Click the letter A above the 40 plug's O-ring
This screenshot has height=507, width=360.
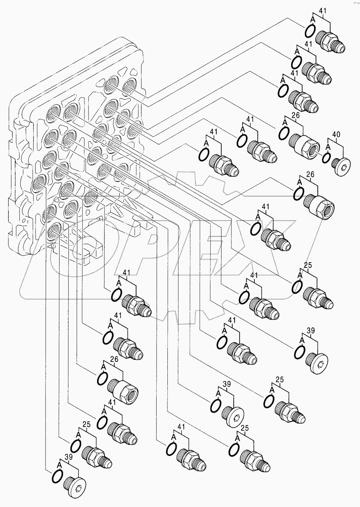click(x=328, y=147)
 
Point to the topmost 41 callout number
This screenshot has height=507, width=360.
click(x=323, y=11)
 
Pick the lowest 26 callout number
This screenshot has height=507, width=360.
click(x=114, y=359)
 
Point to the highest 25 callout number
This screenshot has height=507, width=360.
click(x=308, y=265)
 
